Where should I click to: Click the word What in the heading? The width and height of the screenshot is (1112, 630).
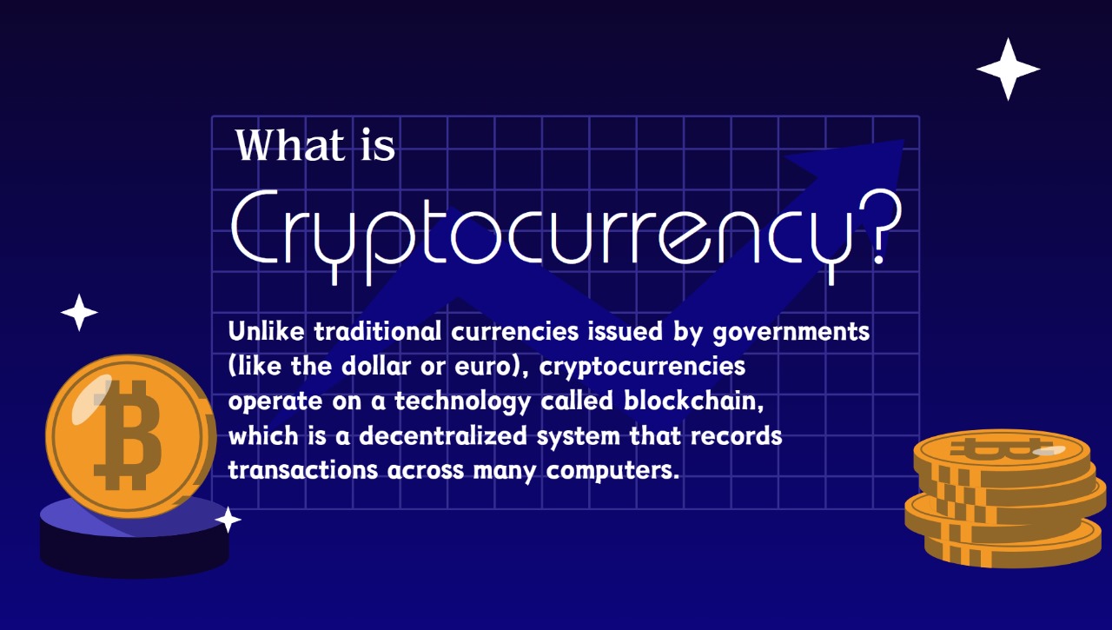coord(290,144)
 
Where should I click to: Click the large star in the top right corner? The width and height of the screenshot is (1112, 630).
coord(1009,69)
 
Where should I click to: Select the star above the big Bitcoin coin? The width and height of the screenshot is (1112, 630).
coord(79,312)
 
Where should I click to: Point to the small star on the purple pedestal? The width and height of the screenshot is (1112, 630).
coord(228,520)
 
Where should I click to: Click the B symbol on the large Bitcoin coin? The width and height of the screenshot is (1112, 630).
coord(128,435)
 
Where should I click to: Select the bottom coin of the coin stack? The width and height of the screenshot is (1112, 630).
coord(1013,546)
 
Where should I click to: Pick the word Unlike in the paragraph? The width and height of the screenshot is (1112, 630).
coord(266,330)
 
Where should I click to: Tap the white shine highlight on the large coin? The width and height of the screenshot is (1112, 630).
coord(92,399)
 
